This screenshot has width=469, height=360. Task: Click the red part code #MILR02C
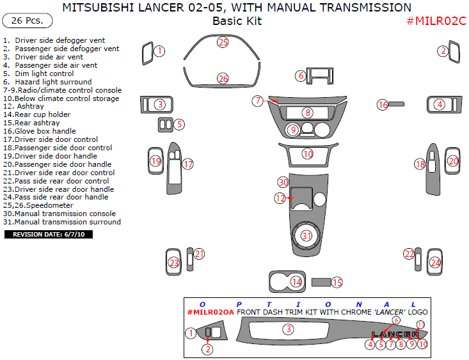pos(436,21)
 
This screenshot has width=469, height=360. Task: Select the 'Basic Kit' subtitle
pos(237,21)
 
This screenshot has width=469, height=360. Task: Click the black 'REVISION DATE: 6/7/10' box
pos(49,235)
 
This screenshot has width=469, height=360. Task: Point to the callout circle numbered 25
pos(222,42)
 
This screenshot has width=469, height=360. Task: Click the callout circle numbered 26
pos(222,79)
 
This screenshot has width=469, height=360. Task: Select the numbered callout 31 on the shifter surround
pos(307,235)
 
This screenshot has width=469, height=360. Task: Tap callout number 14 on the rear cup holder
pos(296,281)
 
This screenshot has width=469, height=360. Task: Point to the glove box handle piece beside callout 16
pos(397,104)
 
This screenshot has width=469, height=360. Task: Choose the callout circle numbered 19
pos(155,161)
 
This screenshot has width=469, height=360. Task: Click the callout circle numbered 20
pos(453,161)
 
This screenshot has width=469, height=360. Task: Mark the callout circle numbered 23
pos(174,262)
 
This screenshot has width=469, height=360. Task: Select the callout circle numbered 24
pos(435,262)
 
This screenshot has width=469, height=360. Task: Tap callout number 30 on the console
pos(283,182)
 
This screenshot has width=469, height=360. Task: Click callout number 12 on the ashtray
pos(280,198)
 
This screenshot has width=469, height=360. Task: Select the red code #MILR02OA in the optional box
pos(211,312)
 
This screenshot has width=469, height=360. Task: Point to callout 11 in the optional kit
pos(420,325)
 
